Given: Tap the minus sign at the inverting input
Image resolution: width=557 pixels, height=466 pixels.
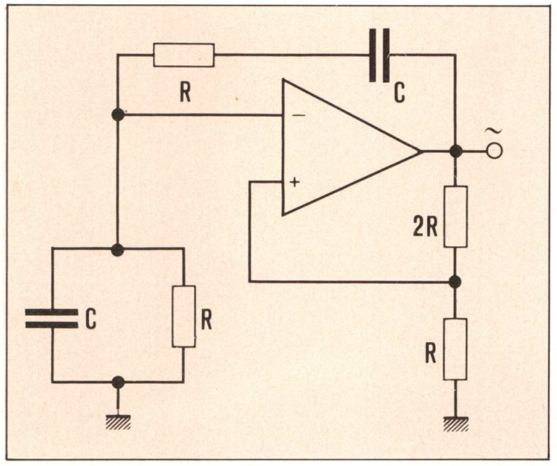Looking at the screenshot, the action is point(299,115).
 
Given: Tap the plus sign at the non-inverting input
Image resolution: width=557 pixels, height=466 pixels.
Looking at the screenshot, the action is point(295,182).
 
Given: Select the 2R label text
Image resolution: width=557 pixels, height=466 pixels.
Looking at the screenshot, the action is point(425,227).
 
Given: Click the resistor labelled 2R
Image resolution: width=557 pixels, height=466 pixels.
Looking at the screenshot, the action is point(455,216).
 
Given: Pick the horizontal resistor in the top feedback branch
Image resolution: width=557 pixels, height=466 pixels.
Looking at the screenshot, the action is point(184,55).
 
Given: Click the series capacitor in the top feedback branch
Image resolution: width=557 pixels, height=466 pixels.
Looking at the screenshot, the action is point(379,56).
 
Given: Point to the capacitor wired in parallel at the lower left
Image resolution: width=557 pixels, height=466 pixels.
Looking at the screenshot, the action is point(52,318).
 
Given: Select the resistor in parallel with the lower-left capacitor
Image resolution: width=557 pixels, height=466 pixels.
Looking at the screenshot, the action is point(184,316).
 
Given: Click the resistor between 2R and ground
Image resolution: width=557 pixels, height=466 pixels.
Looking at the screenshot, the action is point(455,349).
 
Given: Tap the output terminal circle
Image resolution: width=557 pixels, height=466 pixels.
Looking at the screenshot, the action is point(494,152).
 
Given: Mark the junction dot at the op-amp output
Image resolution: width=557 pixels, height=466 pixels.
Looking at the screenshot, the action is point(456,152).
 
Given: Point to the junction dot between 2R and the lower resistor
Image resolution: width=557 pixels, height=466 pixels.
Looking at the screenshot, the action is point(455,282).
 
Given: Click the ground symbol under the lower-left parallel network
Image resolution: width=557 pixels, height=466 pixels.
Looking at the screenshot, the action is point(118,422).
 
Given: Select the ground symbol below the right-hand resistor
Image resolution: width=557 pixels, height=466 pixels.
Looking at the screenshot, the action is point(456,424).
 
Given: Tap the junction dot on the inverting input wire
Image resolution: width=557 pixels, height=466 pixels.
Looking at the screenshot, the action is point(118,115).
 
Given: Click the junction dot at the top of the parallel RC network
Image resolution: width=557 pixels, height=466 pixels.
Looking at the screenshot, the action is point(118,250).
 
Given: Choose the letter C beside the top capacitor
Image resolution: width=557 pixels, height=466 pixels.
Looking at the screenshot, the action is point(400,93).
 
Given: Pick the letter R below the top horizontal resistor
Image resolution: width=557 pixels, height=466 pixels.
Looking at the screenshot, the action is point(185,93).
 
